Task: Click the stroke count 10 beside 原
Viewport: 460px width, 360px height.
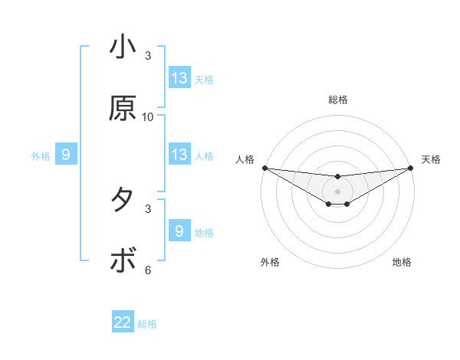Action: (x=148, y=116)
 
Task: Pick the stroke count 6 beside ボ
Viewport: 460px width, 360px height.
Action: (x=148, y=270)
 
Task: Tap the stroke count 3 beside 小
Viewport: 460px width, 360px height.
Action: (x=148, y=55)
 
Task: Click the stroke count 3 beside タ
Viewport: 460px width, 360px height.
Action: (x=148, y=208)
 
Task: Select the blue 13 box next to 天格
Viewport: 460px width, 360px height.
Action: (x=179, y=78)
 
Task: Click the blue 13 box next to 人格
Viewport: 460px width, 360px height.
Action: (x=179, y=155)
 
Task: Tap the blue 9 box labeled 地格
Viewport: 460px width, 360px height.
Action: (x=179, y=231)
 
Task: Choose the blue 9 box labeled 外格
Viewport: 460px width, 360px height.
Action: (x=66, y=155)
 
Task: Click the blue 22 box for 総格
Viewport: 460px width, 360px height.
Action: (x=123, y=322)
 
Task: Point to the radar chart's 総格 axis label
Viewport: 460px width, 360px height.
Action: (x=338, y=100)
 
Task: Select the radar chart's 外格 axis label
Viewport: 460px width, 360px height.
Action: (x=270, y=262)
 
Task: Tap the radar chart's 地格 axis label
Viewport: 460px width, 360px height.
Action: (x=402, y=262)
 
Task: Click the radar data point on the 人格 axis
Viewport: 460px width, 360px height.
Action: (x=264, y=168)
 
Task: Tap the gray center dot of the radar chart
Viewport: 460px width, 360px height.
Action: (x=338, y=191)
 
